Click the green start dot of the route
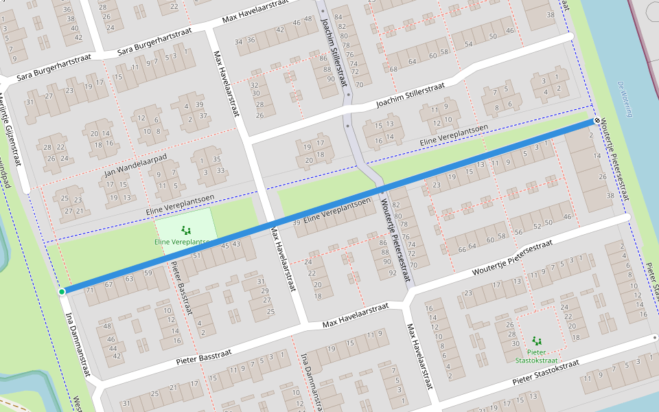(x=62, y=292)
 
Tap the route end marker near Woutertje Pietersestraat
(x=597, y=121)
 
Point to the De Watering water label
(x=624, y=100)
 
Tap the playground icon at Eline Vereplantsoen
(x=184, y=230)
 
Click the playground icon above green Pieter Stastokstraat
(x=536, y=341)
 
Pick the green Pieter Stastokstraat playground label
(x=536, y=356)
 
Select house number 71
(x=89, y=290)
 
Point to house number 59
(x=148, y=273)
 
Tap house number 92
(x=392, y=273)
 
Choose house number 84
(x=338, y=16)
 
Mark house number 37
(x=203, y=116)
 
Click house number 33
(x=220, y=170)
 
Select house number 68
(x=394, y=69)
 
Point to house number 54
(x=468, y=44)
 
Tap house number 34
(x=239, y=41)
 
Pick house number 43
(x=236, y=244)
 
